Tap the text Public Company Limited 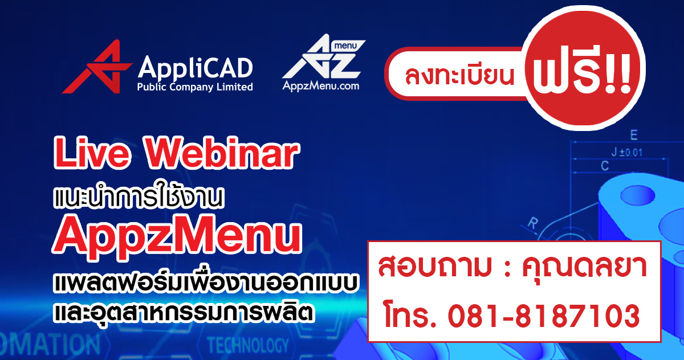tap(195, 87)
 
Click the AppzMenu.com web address tap(321, 86)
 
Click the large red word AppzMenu tap(176, 234)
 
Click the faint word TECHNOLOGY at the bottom tap(248, 345)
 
